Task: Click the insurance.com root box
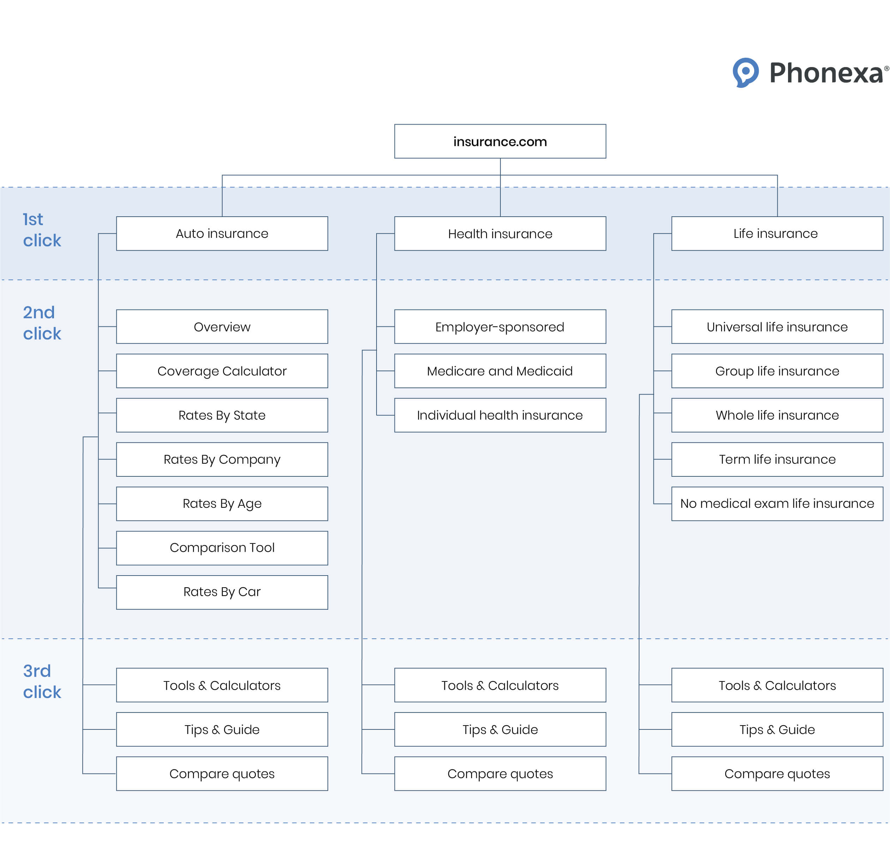point(500,142)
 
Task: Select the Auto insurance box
point(222,234)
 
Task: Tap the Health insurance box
point(500,234)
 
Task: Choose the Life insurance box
point(777,234)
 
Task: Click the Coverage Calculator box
point(222,371)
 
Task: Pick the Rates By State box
point(222,415)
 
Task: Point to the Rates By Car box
point(222,592)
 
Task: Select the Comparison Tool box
point(222,548)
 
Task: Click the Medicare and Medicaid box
point(500,371)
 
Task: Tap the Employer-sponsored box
point(500,327)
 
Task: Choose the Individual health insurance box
point(500,415)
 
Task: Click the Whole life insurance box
point(777,415)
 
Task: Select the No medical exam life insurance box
point(777,504)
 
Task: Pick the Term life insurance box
point(777,460)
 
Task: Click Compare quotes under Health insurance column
point(500,774)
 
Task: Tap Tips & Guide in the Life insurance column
point(777,729)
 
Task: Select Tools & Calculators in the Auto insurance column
point(222,685)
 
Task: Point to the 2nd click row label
point(42,323)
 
